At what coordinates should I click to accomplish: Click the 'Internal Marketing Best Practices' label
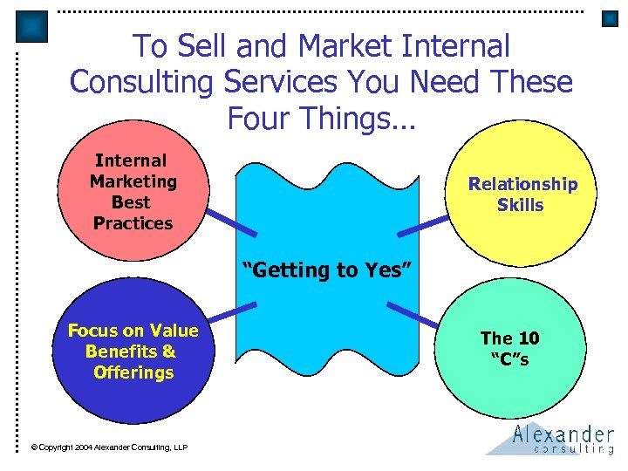133,192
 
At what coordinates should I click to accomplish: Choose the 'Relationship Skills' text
522,195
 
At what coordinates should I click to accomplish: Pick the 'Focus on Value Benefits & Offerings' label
133,352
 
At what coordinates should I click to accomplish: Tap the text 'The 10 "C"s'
509,348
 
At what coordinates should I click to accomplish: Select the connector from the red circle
230,221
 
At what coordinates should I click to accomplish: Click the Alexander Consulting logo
550,440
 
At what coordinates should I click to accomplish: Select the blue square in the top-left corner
31,27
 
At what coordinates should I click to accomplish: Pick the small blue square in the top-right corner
610,17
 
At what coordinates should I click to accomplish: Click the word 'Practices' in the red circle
133,223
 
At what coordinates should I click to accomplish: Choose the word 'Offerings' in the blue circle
133,372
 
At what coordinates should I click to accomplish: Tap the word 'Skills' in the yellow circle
521,205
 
